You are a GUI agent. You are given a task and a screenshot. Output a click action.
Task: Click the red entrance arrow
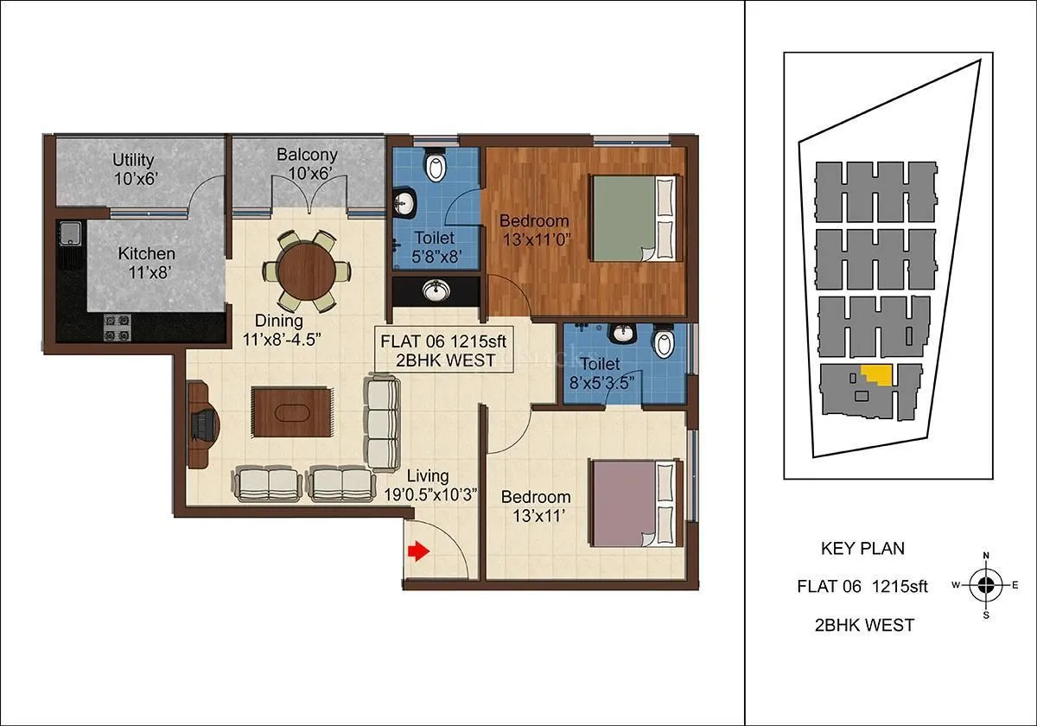418,551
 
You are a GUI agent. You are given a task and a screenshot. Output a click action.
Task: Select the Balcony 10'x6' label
307,164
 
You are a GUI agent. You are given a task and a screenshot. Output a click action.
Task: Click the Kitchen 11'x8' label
147,263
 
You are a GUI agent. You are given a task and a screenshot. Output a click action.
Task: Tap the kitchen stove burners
117,327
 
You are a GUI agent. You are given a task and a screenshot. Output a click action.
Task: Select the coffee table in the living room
291,413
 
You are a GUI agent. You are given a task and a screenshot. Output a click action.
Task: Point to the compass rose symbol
985,585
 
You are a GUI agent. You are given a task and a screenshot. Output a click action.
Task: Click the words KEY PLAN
862,548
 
